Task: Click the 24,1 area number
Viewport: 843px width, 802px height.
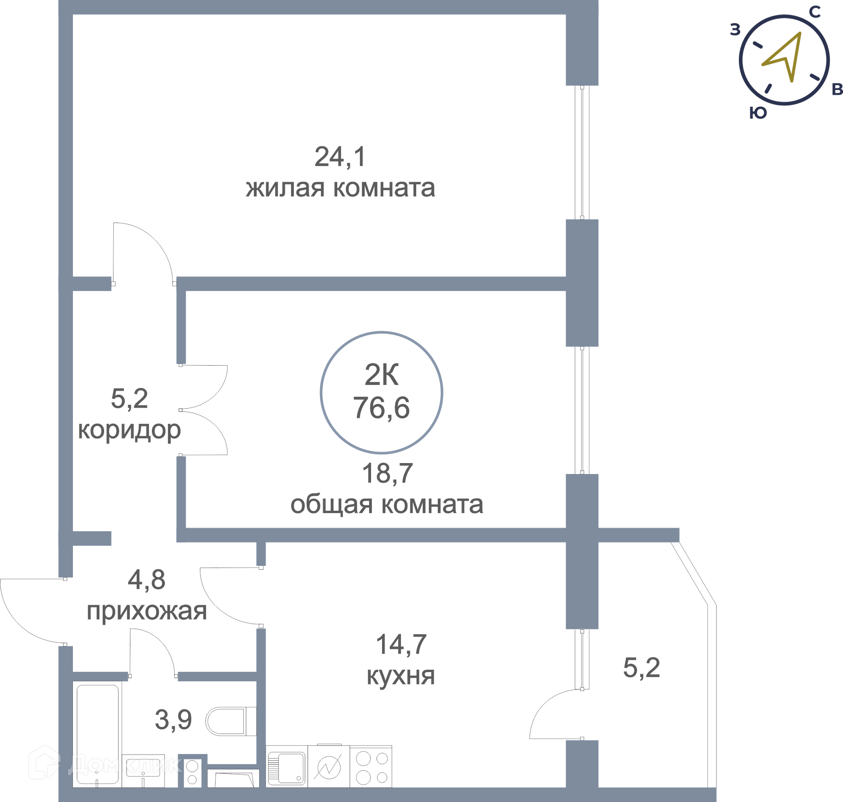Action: tap(340, 157)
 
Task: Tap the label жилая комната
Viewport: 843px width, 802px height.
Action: tap(340, 188)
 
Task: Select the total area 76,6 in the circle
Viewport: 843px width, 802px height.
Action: tap(381, 407)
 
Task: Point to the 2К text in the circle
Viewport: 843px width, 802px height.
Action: tap(382, 375)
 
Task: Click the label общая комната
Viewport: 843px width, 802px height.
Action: tap(387, 504)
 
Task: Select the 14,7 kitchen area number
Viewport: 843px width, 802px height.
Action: tap(401, 644)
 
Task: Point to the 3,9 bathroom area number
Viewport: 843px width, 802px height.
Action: tap(173, 720)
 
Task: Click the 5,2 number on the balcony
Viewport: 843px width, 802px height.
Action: tap(641, 668)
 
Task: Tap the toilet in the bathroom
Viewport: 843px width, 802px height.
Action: tap(231, 721)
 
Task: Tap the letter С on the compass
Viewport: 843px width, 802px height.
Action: tap(814, 12)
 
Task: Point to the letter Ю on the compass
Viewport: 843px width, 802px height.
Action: tap(758, 113)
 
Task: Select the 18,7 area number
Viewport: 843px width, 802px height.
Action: tap(387, 473)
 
